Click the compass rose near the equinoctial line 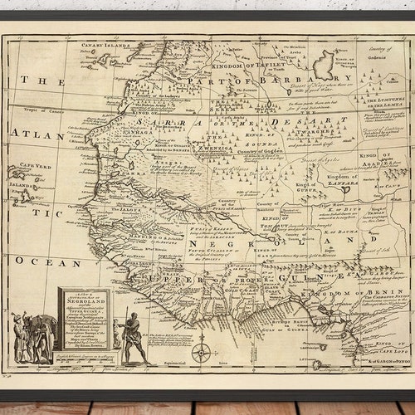point(201,351)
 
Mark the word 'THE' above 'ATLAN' point(37,81)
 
